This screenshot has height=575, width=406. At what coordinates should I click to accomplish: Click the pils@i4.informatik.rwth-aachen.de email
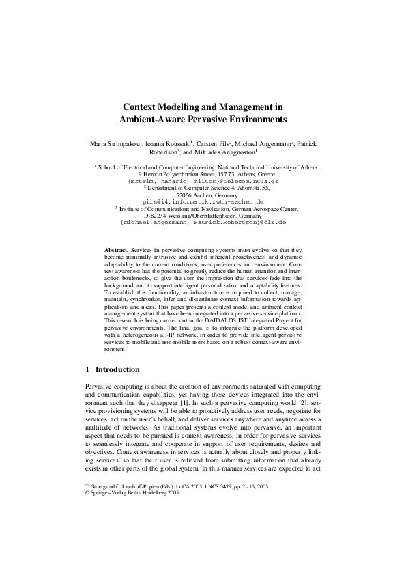tap(203, 203)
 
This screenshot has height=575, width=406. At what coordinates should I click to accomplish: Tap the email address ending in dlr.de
tap(203, 223)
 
